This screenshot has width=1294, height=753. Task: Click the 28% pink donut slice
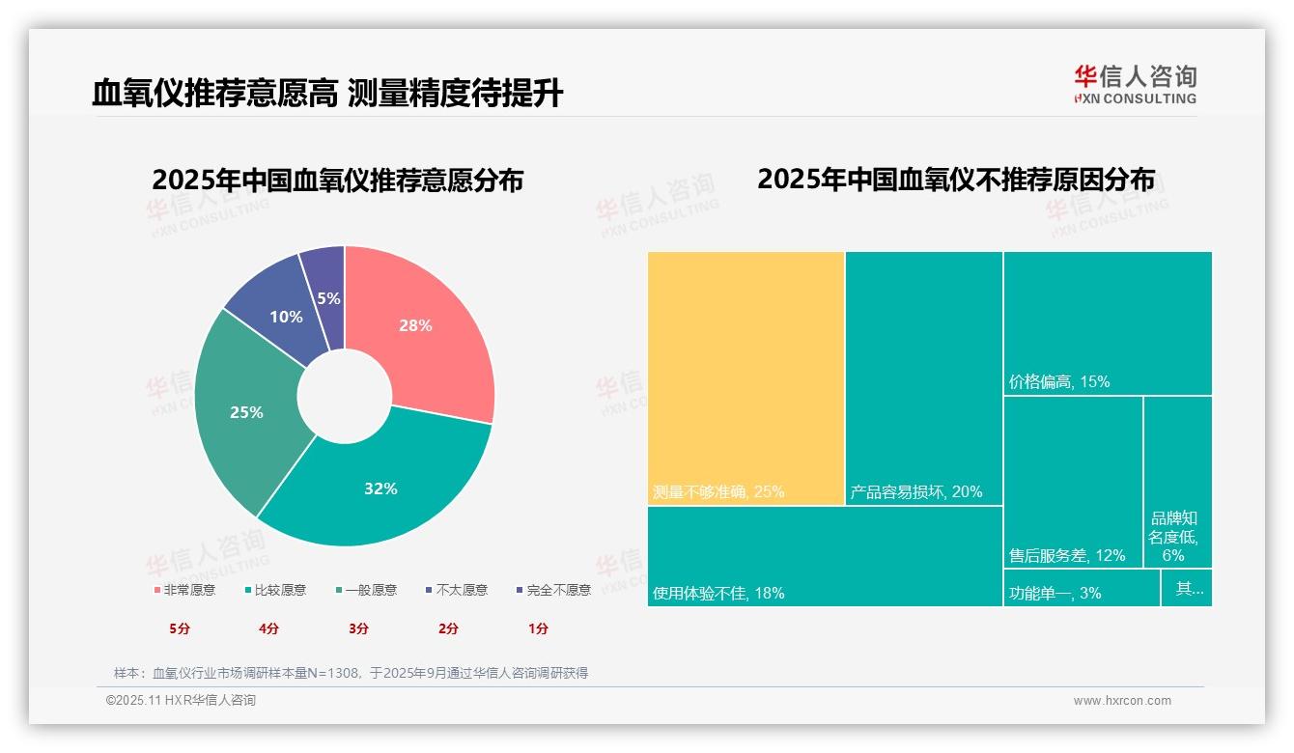tap(425, 328)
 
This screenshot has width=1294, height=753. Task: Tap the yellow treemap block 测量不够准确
tap(745, 376)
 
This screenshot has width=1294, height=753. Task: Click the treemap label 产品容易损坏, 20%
tap(915, 491)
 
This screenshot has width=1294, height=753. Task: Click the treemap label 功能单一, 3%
tap(1055, 593)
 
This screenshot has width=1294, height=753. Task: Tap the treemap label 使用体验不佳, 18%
tap(718, 593)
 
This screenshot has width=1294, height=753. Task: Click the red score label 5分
tap(180, 628)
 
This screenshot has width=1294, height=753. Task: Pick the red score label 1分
tap(538, 628)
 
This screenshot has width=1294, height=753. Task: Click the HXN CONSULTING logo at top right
tap(1135, 84)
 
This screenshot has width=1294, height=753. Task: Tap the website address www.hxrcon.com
tap(1122, 701)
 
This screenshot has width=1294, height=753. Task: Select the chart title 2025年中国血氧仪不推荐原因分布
tap(955, 180)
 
